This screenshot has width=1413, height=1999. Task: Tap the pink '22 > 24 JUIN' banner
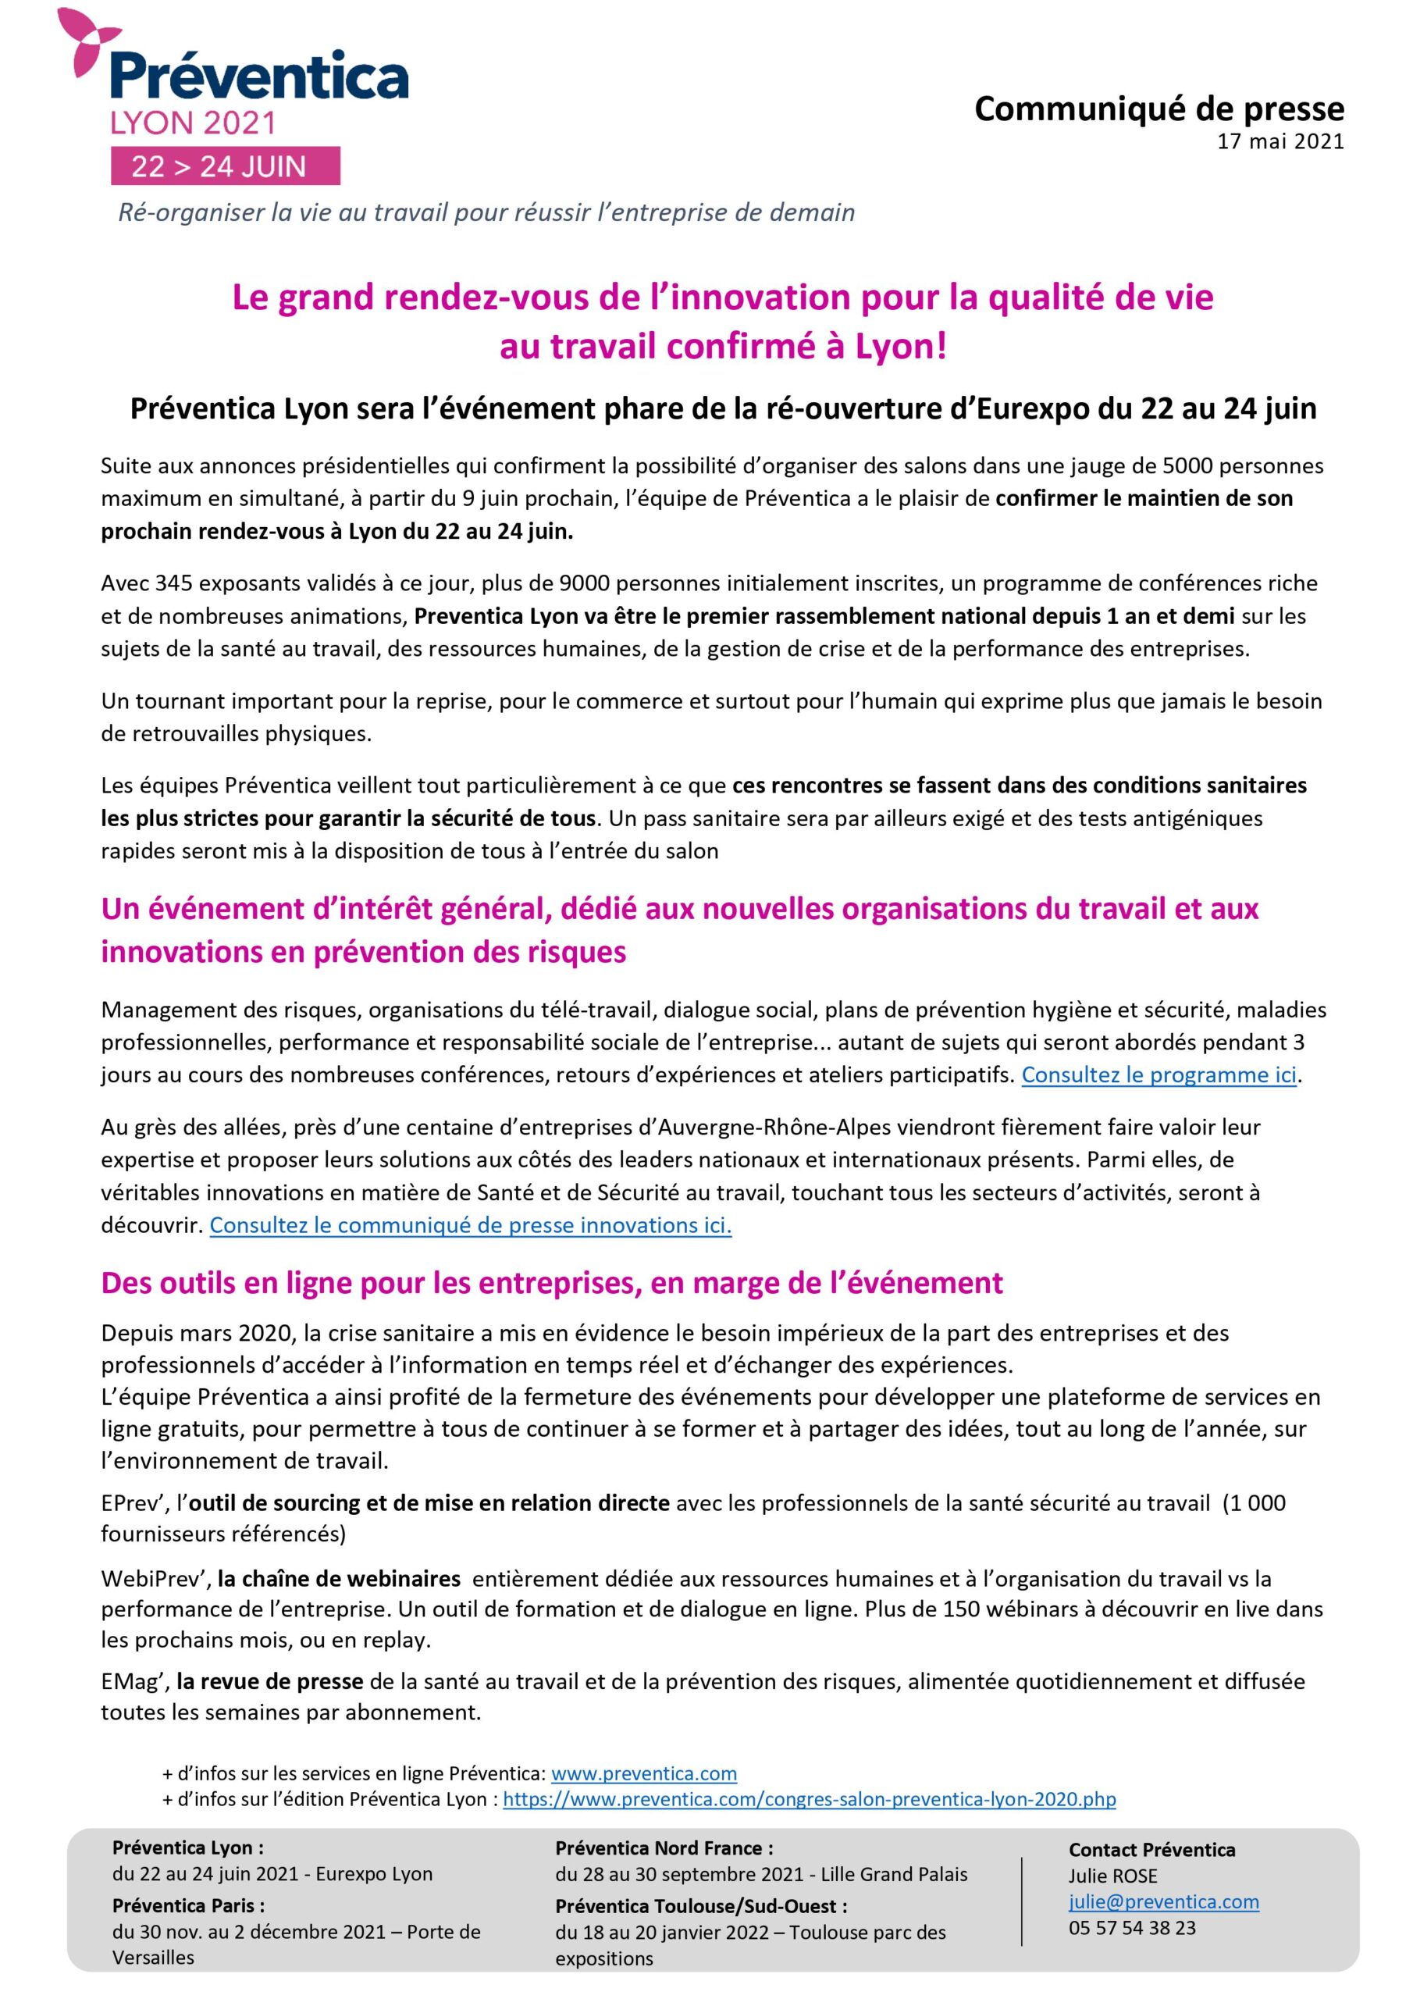point(225,166)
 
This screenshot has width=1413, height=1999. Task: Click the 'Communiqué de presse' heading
point(1159,109)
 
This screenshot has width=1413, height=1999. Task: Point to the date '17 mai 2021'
point(1280,142)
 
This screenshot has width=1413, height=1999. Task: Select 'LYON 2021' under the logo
point(192,123)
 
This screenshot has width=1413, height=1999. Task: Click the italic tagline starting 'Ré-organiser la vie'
point(486,213)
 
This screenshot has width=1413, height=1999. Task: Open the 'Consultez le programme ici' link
point(1159,1074)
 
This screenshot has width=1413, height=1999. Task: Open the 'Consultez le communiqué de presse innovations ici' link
point(470,1225)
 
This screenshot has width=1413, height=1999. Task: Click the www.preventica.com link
point(643,1773)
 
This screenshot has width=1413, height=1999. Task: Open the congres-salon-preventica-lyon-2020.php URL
point(809,1799)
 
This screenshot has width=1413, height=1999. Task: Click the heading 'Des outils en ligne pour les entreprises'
point(552,1282)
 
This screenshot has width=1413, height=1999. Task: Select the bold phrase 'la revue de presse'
point(270,1681)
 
